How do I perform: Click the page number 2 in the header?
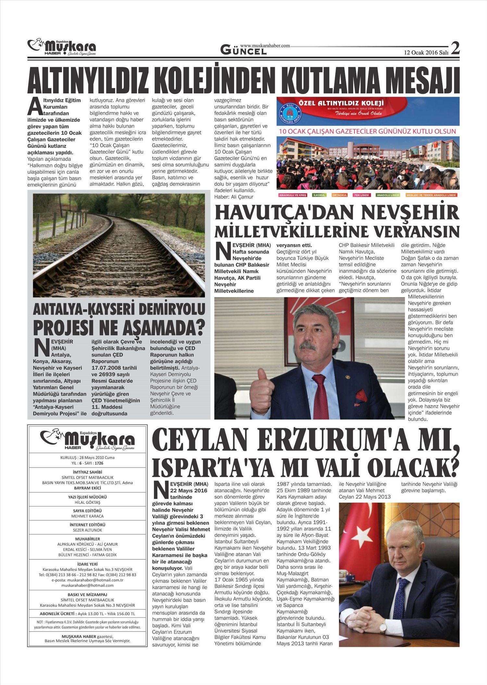point(455,48)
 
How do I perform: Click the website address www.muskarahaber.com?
point(265,46)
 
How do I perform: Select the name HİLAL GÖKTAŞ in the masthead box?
point(87,502)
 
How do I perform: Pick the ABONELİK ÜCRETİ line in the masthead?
point(87,614)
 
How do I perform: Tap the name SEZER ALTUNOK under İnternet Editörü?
point(87,530)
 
